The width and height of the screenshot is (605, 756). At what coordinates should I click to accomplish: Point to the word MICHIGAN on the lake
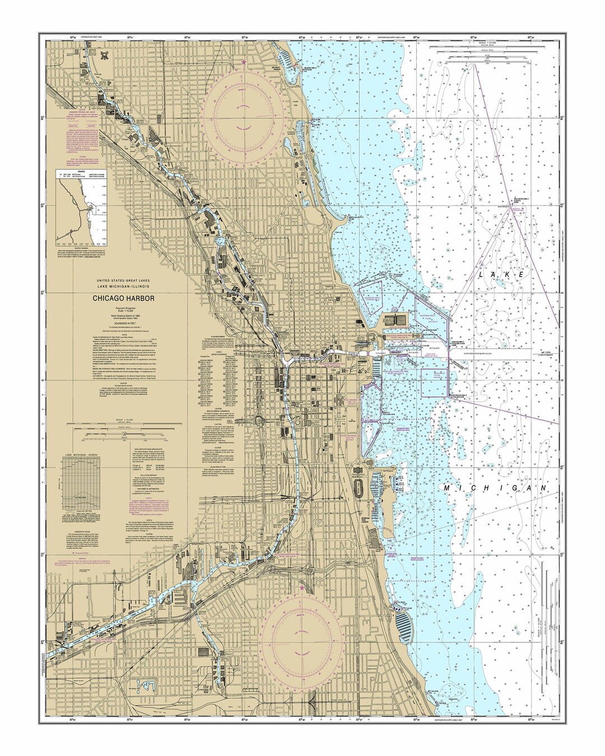495,488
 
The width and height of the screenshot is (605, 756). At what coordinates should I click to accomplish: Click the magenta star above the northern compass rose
243,62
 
